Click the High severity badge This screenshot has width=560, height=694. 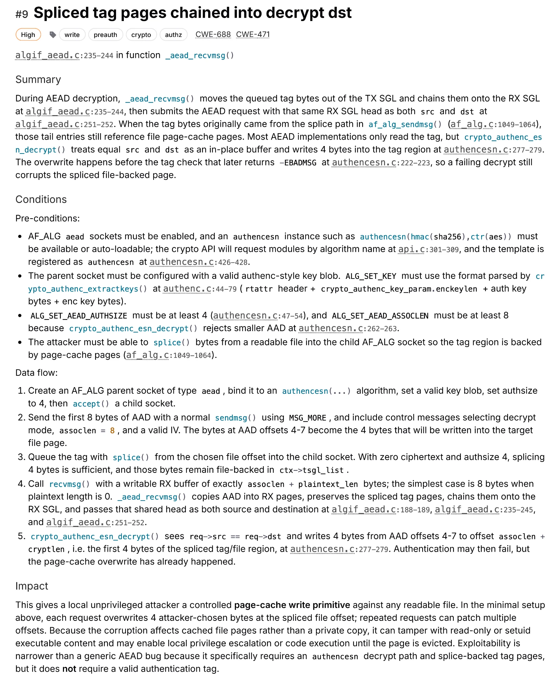28,35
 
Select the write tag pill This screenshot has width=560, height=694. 72,35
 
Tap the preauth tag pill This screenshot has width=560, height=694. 105,35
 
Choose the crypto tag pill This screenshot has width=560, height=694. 141,35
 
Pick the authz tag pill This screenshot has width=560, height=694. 173,35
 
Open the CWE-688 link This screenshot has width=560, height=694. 213,35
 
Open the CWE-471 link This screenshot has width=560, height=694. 253,35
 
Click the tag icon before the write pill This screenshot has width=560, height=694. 52,35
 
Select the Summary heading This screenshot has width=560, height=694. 38,80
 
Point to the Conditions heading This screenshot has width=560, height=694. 41,199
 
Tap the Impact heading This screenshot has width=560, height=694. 32,586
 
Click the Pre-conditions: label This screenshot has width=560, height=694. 47,218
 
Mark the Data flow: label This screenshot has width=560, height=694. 37,373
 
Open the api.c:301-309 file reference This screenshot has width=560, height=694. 428,249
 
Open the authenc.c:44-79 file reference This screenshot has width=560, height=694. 200,289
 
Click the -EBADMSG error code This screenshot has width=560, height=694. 298,163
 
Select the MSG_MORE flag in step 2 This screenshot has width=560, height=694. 308,418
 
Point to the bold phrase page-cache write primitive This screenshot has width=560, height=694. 292,605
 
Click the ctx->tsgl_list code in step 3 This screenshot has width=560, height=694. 311,470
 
